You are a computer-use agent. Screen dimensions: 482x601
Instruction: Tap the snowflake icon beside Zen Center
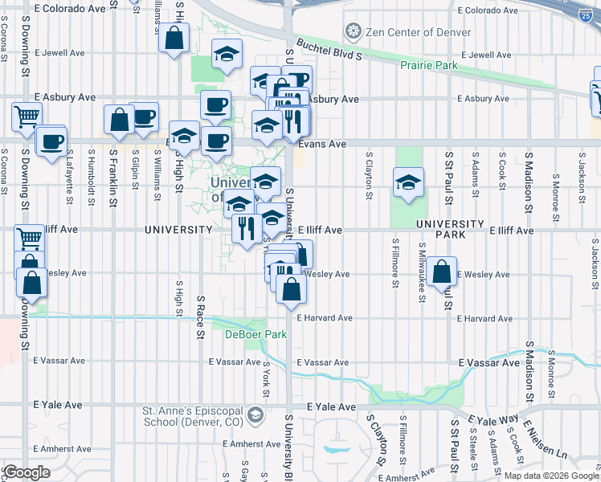click(x=352, y=32)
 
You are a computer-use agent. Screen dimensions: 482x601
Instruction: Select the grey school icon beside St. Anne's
click(x=256, y=415)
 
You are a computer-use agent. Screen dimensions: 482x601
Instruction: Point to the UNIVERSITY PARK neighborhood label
click(x=450, y=229)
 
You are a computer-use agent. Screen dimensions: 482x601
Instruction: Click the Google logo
click(x=27, y=472)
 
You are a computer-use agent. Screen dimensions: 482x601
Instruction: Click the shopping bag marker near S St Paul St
click(x=442, y=272)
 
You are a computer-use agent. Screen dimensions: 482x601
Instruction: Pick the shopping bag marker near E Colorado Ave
click(x=174, y=39)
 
